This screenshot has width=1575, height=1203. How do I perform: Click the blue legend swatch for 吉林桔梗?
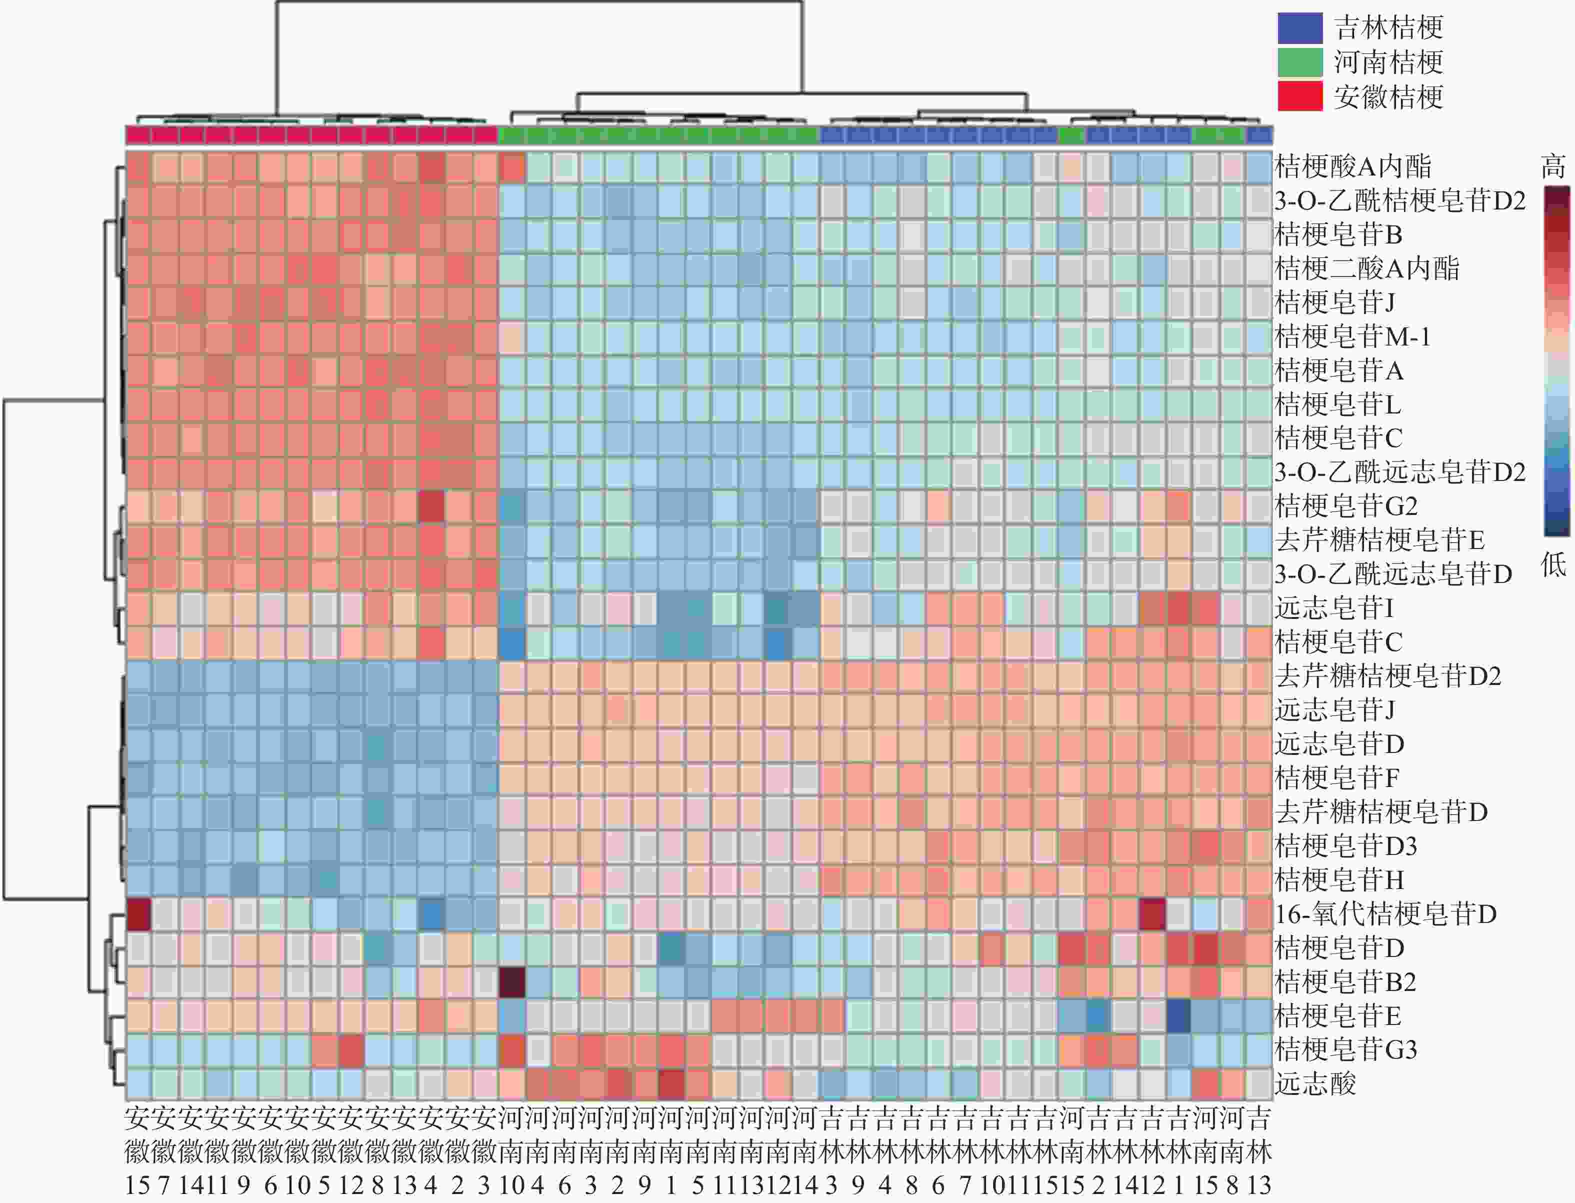tap(1299, 28)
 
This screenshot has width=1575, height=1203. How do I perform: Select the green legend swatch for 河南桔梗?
tap(1299, 62)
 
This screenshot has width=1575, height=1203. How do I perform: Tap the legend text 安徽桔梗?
tap(1388, 96)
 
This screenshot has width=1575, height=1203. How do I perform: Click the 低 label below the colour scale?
tap(1553, 565)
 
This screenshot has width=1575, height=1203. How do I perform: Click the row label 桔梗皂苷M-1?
tap(1353, 336)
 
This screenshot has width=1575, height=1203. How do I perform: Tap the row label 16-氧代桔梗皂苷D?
tap(1385, 913)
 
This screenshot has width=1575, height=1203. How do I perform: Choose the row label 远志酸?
tap(1315, 1083)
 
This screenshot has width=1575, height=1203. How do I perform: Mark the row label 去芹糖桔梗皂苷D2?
tap(1387, 676)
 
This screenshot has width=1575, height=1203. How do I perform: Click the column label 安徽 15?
tap(137, 1153)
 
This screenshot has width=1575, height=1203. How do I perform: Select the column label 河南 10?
tap(511, 1153)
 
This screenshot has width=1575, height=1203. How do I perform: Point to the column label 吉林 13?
tap(1258, 1153)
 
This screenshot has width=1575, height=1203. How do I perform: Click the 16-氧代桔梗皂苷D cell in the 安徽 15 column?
tap(138, 913)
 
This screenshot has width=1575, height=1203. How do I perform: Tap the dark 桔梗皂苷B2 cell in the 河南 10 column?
tap(511, 981)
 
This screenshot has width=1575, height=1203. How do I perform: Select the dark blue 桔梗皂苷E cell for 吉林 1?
tap(1178, 1015)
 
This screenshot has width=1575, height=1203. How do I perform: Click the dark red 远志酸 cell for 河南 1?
tap(671, 1083)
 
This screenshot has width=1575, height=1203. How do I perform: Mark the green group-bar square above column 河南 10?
tap(511, 134)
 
